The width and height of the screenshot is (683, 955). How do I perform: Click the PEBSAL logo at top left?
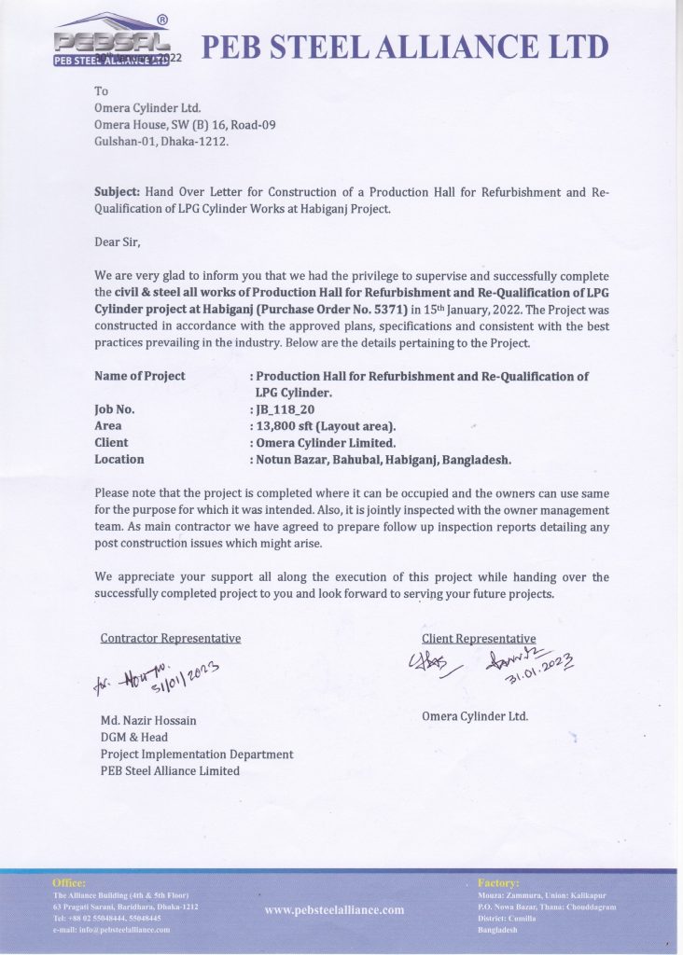112,42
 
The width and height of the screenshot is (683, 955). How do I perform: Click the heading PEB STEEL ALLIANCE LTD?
406,46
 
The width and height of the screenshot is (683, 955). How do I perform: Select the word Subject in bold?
117,192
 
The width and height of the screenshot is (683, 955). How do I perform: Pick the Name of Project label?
140,376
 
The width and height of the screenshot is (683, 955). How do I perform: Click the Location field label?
119,459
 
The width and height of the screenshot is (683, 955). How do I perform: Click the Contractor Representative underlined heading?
170,638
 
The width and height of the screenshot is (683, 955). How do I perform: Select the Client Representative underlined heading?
479,638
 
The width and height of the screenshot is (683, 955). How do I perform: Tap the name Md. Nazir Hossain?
148,720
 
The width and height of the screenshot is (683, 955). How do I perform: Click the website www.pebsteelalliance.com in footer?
334,909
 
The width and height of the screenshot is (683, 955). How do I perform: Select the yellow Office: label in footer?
69,882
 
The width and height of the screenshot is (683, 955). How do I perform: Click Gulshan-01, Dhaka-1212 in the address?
161,142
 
